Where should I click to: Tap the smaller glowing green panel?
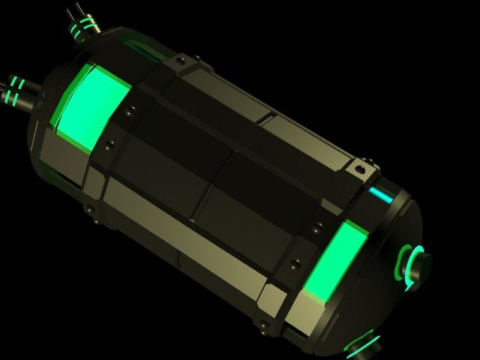(332, 262)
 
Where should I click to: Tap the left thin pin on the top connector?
(70, 11)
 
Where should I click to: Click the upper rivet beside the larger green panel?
(129, 110)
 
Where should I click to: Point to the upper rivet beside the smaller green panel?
(314, 227)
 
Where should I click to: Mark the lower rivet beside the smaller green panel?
(294, 262)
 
